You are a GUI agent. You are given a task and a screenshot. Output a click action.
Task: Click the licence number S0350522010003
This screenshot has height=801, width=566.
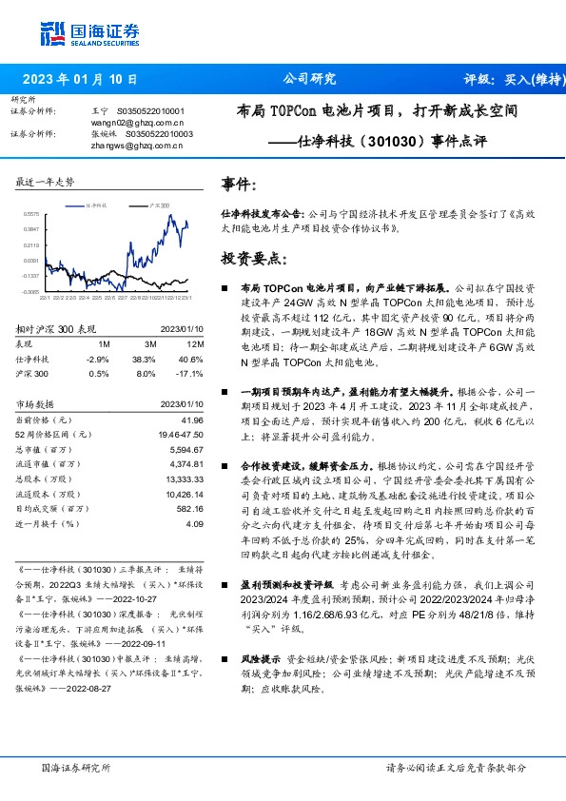[155, 134]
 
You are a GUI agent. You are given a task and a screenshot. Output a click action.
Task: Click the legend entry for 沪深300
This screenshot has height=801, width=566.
[160, 205]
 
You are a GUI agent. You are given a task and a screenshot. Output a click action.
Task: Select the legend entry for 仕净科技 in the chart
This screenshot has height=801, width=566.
[96, 205]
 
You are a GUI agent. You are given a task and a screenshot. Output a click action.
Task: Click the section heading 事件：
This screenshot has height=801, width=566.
[238, 183]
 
